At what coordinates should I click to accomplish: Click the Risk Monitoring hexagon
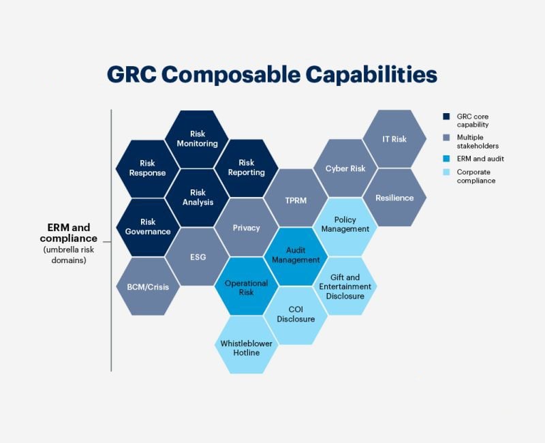pos(197,139)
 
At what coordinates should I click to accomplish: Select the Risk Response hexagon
pos(148,168)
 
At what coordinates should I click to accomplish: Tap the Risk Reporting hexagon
pos(247,168)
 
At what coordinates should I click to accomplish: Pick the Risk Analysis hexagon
pos(198,198)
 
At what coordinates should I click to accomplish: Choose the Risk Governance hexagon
pos(148,227)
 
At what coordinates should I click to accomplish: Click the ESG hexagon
pos(198,257)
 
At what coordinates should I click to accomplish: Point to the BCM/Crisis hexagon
pos(148,286)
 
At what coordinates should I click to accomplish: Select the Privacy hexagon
pos(247,228)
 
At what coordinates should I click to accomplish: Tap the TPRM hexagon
pos(296,198)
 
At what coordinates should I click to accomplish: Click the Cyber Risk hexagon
pos(345,168)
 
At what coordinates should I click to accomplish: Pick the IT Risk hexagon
pos(394,139)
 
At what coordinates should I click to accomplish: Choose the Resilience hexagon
pos(394,198)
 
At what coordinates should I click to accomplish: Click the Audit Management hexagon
pos(296,257)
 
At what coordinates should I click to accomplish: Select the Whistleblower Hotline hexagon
pos(247,345)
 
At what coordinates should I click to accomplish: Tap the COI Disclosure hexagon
pos(296,316)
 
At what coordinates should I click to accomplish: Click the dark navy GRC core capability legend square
pos(446,117)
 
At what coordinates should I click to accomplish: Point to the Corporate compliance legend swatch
pos(446,172)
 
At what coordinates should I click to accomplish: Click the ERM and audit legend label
pos(480,159)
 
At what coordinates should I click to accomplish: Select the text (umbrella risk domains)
pos(69,255)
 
